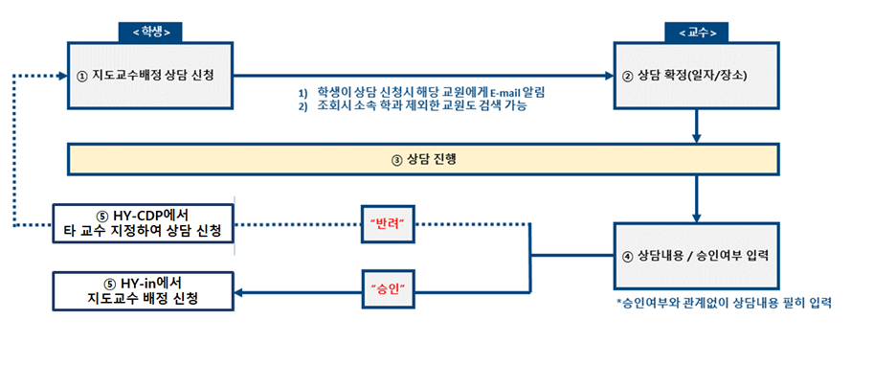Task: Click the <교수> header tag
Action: tap(696, 32)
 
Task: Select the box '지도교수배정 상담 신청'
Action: tap(150, 75)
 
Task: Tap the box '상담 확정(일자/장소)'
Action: tap(695, 75)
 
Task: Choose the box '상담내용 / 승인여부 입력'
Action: tap(696, 256)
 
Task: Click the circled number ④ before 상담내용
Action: tap(629, 256)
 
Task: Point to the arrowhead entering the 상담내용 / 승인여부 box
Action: tap(696, 217)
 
